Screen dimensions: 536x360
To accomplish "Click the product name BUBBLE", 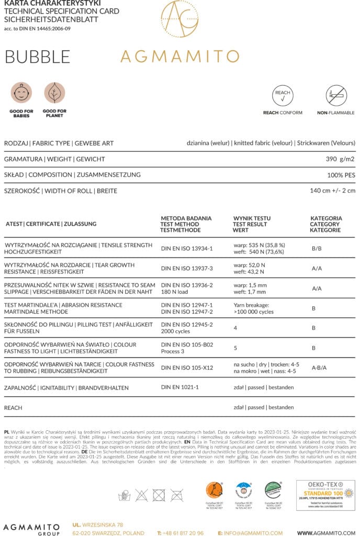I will click(37, 57).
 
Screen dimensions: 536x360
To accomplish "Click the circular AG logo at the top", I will click(179, 19).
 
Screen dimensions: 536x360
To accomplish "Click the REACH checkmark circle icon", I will click(283, 95).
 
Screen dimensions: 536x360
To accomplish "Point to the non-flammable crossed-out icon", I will click(336, 95).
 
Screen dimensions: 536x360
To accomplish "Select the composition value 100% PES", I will click(341, 175).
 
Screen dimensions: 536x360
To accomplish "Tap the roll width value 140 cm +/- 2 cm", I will click(333, 191).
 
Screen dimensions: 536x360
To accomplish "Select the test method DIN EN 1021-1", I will click(180, 387).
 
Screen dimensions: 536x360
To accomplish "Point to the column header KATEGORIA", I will click(326, 218).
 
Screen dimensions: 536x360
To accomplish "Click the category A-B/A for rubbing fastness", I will click(319, 367).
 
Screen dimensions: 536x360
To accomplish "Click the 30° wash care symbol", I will click(124, 495).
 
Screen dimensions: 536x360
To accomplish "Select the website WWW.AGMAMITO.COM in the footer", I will click(327, 533).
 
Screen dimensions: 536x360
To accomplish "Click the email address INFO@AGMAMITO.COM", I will click(250, 533).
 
